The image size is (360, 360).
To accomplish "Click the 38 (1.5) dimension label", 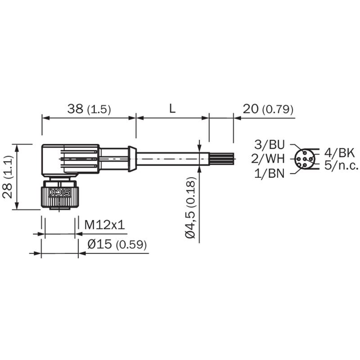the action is (89, 109).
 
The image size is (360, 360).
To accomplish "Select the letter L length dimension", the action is (172, 108).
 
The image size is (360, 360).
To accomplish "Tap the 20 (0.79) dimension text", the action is (268, 109).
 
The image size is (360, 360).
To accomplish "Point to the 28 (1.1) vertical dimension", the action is (7, 177).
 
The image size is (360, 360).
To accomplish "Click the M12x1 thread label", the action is (105, 225).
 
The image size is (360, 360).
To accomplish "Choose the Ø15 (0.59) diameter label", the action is (117, 244).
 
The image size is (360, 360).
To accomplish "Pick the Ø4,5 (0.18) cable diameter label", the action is (190, 207).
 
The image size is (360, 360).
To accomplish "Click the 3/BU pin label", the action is (270, 144).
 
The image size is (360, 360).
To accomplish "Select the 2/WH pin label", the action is (268, 159).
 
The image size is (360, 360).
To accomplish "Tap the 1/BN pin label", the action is (270, 173).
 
